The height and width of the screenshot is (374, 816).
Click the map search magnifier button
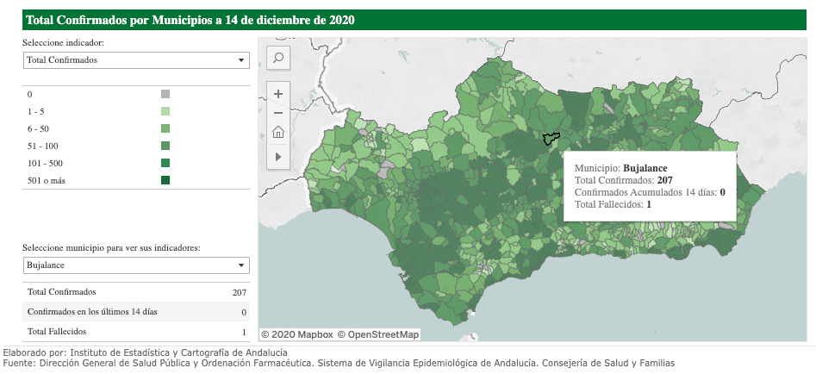[278, 58]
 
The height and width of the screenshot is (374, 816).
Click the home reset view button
[278, 132]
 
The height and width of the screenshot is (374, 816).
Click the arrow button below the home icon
[278, 156]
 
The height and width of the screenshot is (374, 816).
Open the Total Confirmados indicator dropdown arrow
[240, 60]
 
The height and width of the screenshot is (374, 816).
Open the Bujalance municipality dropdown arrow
[240, 265]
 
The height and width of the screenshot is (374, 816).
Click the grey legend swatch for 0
[165, 94]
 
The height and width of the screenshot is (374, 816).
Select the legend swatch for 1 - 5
[165, 111]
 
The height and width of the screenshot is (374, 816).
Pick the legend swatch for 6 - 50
[165, 128]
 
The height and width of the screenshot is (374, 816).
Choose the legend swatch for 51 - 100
[165, 146]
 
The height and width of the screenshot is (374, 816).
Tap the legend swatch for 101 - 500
[165, 163]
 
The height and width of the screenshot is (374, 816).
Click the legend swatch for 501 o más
[165, 180]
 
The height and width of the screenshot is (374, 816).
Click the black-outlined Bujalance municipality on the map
[551, 139]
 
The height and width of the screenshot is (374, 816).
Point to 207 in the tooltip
[664, 180]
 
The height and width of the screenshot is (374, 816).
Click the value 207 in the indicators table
[239, 292]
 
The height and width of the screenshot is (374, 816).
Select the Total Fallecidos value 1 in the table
[244, 332]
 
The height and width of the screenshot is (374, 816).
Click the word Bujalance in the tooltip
[645, 168]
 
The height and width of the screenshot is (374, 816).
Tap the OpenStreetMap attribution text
[378, 334]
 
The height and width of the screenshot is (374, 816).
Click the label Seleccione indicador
[64, 42]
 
